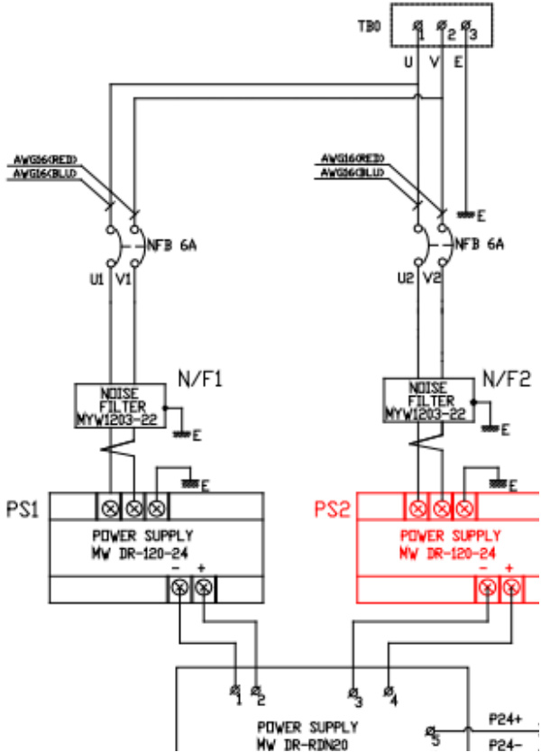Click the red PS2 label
click(x=331, y=511)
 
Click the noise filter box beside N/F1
click(x=120, y=405)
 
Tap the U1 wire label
click(x=101, y=280)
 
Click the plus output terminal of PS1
click(x=204, y=589)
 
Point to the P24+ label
click(x=505, y=720)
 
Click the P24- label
click(x=505, y=745)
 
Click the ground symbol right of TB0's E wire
click(x=467, y=215)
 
